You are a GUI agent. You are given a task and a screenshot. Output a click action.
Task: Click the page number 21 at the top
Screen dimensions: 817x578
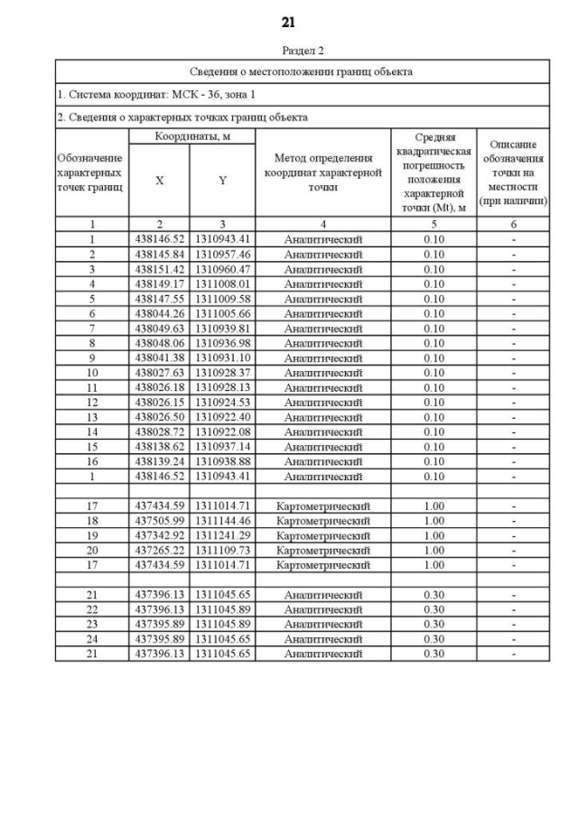coord(288,22)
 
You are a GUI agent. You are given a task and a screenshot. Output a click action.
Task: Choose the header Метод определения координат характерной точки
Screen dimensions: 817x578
coord(322,172)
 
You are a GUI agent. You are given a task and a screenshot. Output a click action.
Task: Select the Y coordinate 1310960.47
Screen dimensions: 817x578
coord(222,269)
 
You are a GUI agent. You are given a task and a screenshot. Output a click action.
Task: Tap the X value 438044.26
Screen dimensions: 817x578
coord(159,313)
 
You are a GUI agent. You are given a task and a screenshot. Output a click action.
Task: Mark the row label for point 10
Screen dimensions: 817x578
coord(92,373)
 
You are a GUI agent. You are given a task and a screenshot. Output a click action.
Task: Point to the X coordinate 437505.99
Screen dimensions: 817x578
coord(159,521)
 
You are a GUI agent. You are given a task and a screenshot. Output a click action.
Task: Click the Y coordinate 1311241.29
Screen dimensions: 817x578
coord(222,535)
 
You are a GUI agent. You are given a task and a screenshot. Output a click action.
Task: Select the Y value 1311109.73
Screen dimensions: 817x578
coord(222,550)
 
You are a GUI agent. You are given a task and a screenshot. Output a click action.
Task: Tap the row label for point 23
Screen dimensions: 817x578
coord(92,624)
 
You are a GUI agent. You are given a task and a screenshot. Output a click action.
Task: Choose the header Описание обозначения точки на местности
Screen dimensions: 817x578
coord(514,172)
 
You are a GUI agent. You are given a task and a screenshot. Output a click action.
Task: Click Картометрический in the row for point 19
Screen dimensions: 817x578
coord(322,535)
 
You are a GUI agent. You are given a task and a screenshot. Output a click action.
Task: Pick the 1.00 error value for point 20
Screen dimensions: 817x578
coord(433,550)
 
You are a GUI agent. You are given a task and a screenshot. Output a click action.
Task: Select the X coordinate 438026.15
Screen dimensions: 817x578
coord(159,403)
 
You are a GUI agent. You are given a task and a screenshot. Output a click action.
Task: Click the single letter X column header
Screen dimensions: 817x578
coord(159,181)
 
